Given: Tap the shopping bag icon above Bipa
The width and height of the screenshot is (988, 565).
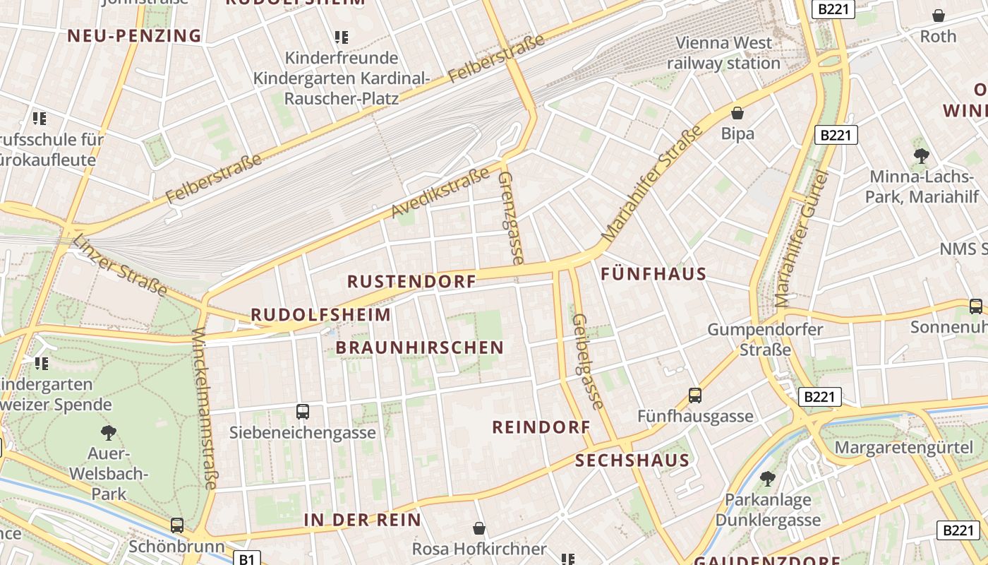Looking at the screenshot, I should click(737, 113).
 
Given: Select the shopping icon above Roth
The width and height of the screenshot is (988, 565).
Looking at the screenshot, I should click(939, 16).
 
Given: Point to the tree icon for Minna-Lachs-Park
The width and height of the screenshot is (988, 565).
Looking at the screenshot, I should click(921, 156).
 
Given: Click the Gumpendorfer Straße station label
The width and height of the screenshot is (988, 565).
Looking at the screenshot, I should click(765, 340).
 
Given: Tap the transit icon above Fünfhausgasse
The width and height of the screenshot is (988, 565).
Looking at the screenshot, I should click(695, 395).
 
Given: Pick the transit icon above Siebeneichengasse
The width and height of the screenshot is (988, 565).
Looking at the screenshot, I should click(303, 411).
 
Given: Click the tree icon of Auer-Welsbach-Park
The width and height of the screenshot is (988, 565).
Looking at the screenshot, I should click(109, 432).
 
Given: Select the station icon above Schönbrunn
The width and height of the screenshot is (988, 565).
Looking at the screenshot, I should click(177, 525).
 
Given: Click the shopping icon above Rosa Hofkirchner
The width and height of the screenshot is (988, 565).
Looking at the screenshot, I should click(479, 528).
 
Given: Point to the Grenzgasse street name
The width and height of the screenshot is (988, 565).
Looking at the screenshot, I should click(510, 218).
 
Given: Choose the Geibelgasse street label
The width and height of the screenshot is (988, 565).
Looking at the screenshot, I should click(588, 362).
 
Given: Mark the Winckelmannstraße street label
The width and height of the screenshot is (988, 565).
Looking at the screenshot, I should click(205, 408).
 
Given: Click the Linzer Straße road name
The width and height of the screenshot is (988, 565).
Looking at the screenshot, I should click(119, 265).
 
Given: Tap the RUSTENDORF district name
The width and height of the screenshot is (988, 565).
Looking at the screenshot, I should click(411, 282).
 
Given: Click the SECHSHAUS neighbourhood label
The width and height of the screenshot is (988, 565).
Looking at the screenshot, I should click(632, 461).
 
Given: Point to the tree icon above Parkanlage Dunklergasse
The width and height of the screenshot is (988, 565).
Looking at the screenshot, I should click(767, 480).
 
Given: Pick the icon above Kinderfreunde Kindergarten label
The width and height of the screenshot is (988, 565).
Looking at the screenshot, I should click(342, 37).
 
